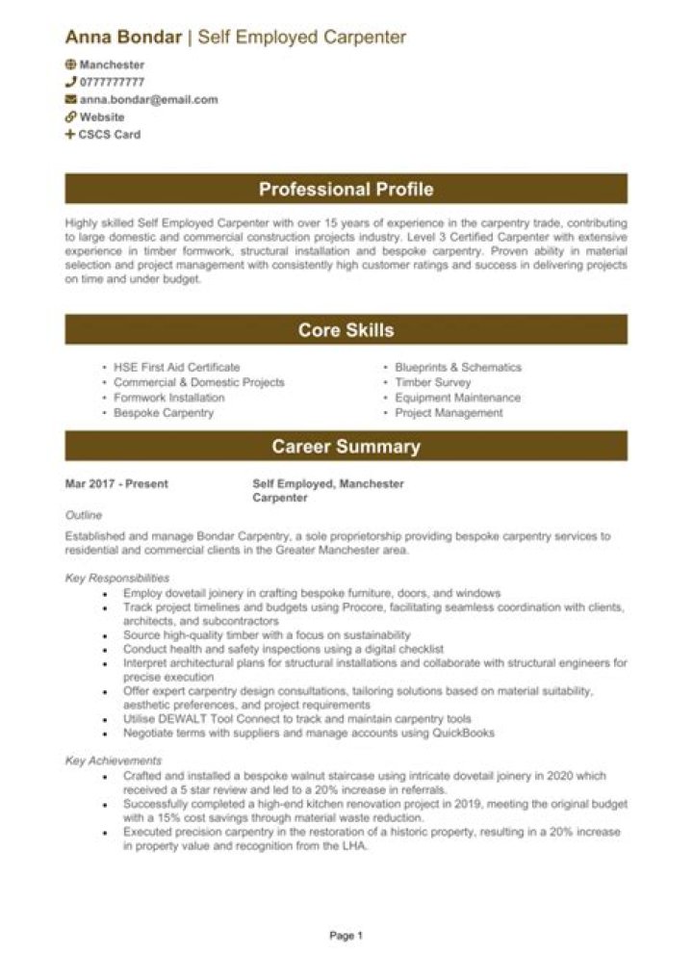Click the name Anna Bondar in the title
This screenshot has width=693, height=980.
coord(123,38)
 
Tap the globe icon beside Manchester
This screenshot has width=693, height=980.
coord(70,64)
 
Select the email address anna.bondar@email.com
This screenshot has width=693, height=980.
coord(148,99)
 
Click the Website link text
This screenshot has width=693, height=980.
coord(101,117)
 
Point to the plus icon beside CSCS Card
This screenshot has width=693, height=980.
coord(70,135)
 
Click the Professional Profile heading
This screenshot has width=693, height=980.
coord(346,189)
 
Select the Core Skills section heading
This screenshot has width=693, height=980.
coord(346,330)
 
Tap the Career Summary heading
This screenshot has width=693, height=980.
coord(346,447)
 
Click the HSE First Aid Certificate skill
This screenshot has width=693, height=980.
coord(176,368)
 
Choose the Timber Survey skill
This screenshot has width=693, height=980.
coord(432,382)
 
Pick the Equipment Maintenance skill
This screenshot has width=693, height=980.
coord(457,398)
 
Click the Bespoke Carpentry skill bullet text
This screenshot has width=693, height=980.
coord(164,413)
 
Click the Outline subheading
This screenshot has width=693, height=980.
coord(83,516)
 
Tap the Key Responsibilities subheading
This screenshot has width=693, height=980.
coord(117,578)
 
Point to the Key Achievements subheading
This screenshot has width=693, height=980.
coord(113,761)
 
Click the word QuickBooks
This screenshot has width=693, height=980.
coord(464,733)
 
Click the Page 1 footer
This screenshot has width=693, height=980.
coord(346,935)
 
